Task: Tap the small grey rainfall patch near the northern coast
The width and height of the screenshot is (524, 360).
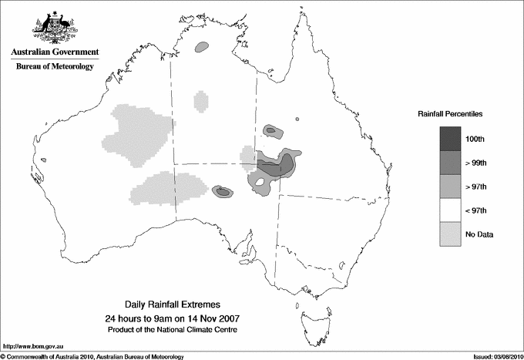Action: pyautogui.click(x=203, y=48)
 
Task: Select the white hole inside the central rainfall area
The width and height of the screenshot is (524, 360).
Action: pyautogui.click(x=262, y=183)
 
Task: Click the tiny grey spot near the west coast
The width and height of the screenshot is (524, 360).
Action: pyautogui.click(x=44, y=160)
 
